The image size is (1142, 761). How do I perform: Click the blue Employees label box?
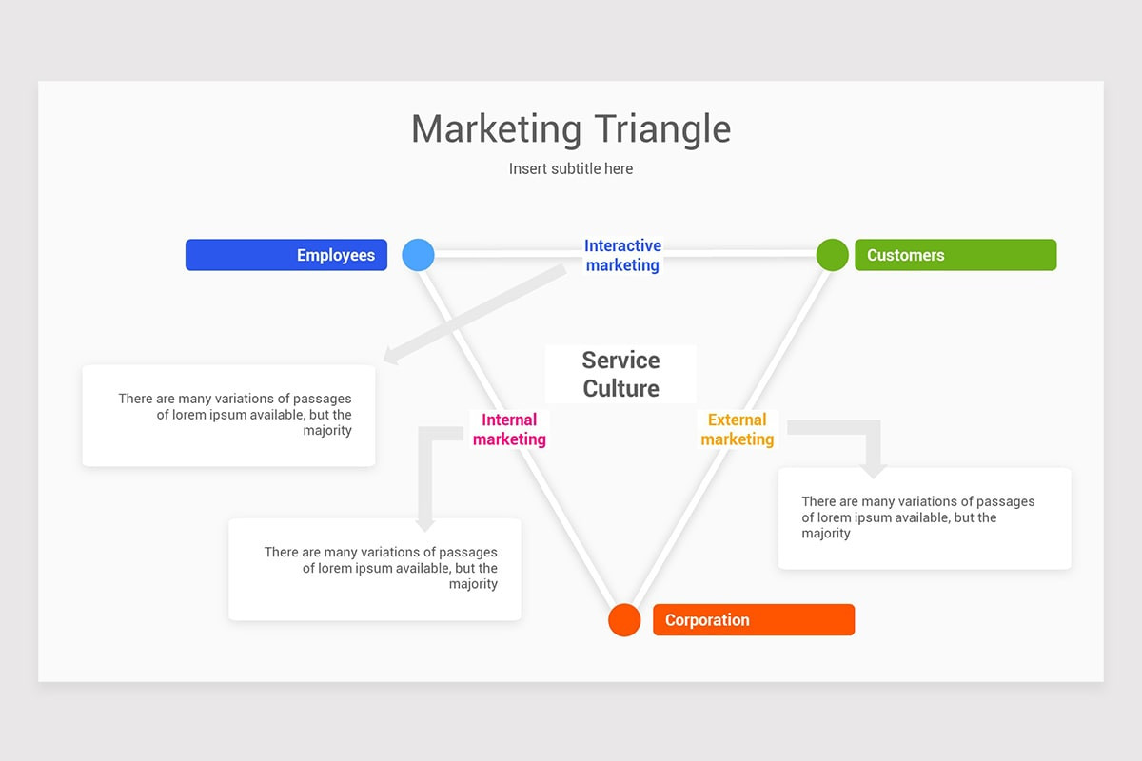[286, 255]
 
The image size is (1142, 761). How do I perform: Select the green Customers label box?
[955, 255]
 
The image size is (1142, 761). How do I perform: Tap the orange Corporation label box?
[754, 620]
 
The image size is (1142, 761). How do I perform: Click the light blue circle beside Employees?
[418, 255]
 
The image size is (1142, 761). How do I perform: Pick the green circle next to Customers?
[832, 255]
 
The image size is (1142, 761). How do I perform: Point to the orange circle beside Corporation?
[624, 620]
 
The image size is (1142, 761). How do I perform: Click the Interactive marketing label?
[622, 255]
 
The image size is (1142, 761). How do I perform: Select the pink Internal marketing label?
[509, 430]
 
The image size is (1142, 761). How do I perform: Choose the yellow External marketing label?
[738, 430]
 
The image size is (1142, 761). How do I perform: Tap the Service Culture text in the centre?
[620, 374]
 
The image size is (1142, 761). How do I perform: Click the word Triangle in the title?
[662, 129]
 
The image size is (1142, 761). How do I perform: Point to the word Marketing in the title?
[496, 129]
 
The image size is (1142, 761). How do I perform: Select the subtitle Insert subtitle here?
[571, 168]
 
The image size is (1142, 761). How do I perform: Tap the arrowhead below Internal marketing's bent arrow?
[425, 525]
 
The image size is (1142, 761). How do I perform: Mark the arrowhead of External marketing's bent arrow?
[874, 472]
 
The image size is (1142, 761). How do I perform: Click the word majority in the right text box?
[826, 534]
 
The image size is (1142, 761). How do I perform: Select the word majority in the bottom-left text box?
[473, 584]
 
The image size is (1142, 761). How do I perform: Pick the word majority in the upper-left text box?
[327, 431]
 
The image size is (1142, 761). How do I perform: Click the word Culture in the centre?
[620, 388]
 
